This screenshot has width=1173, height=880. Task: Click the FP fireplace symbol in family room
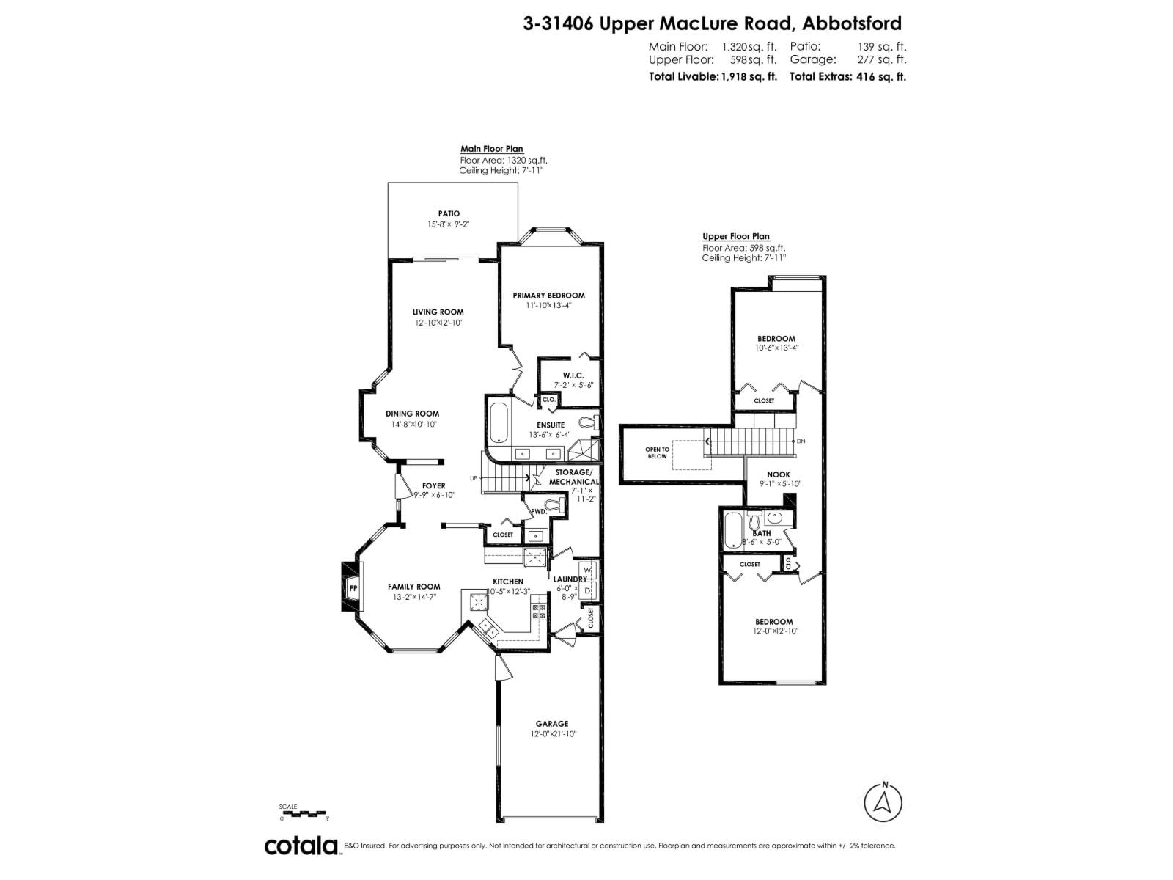point(353,587)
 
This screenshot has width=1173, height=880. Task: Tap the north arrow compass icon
point(883,803)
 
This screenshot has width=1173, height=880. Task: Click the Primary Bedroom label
point(548,296)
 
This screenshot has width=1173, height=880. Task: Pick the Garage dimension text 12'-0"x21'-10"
point(554,734)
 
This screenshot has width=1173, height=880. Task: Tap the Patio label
point(449,213)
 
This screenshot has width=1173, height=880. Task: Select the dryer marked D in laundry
point(588,590)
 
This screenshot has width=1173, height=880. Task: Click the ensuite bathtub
point(499,424)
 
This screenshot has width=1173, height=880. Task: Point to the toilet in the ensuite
point(589,422)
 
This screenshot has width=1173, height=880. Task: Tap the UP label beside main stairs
point(474,478)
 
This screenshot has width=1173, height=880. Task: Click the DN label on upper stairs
point(801,441)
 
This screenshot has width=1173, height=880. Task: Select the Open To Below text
point(657,452)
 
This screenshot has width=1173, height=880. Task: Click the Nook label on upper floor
point(779,474)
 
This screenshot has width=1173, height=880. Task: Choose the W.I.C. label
point(573,375)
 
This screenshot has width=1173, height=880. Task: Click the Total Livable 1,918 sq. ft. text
point(713,76)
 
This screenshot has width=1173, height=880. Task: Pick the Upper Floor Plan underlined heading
point(736,236)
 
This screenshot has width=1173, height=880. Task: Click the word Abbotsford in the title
point(852,23)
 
